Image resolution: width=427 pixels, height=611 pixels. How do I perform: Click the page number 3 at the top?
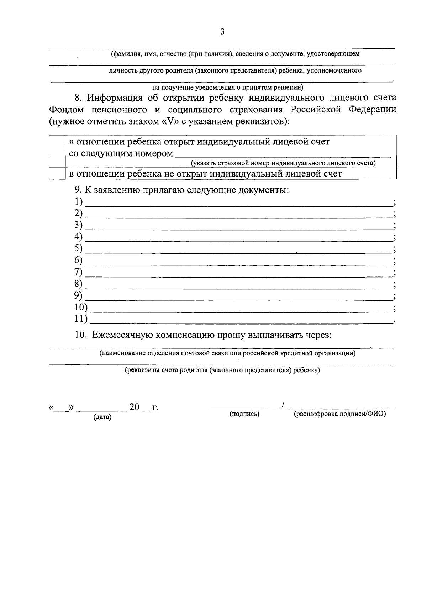click(222, 32)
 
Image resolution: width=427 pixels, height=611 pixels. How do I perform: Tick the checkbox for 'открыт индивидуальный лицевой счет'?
click(57, 151)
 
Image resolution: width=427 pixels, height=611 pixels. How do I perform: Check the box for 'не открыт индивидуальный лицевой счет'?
click(57, 173)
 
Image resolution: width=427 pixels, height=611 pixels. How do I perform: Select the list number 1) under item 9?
click(78, 202)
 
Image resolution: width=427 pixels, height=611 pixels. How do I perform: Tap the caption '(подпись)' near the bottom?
click(244, 414)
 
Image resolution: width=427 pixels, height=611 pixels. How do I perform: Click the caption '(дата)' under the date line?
click(102, 417)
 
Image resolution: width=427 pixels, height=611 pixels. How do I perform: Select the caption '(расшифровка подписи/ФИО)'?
click(339, 414)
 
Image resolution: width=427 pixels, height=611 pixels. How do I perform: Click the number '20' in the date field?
click(134, 407)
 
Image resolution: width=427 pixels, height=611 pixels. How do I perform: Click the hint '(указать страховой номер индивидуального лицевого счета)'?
click(283, 163)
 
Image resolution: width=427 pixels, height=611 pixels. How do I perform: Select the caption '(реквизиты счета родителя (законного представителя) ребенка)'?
click(222, 370)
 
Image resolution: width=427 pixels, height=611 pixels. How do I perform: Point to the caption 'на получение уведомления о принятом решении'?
click(228, 87)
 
